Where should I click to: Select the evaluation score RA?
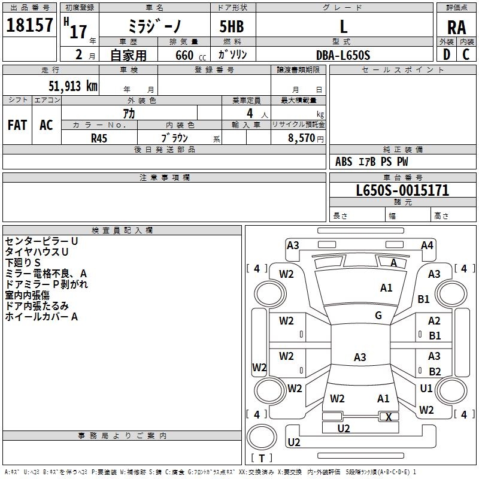(x=456, y=28)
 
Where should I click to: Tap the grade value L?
(x=343, y=26)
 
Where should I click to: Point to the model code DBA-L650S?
(x=343, y=55)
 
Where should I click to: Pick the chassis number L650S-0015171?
(x=402, y=191)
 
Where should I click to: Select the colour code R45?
(x=99, y=138)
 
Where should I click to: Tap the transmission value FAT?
(x=17, y=125)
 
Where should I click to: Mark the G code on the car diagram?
(x=378, y=316)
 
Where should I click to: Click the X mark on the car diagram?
(x=389, y=417)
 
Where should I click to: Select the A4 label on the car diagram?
(x=427, y=245)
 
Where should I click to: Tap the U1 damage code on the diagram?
(x=426, y=389)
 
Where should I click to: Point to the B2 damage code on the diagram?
(x=435, y=371)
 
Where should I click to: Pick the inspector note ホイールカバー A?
(x=41, y=317)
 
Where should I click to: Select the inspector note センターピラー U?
(x=41, y=241)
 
